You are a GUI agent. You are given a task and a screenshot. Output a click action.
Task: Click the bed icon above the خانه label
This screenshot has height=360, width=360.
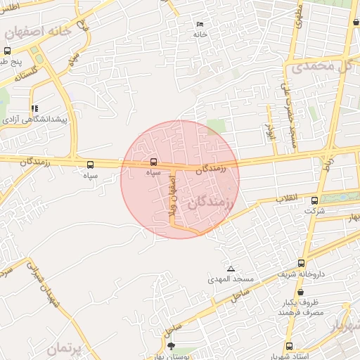coord(200,25)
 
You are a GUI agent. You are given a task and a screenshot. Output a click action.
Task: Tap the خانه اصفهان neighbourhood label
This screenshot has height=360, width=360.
coord(39,32)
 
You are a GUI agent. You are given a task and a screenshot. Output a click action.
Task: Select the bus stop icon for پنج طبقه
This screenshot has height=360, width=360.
coord(7,51)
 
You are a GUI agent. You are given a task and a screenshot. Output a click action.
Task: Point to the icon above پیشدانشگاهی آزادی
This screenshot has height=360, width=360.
coord(34,108)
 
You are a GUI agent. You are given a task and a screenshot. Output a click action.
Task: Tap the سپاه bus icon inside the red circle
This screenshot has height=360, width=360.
coord(154,162)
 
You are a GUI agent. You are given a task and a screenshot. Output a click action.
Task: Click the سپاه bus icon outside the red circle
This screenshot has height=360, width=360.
coord(89,165)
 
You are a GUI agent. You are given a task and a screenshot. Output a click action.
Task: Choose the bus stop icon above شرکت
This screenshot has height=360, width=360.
coord(314,200)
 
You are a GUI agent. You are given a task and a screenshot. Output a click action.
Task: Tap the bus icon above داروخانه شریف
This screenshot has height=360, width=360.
coord(302,263)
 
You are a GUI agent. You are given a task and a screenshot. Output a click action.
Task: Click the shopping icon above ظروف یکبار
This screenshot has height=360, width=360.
coord(300,290)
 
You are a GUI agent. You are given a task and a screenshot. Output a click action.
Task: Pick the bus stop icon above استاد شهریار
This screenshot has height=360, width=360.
coord(289,346)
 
